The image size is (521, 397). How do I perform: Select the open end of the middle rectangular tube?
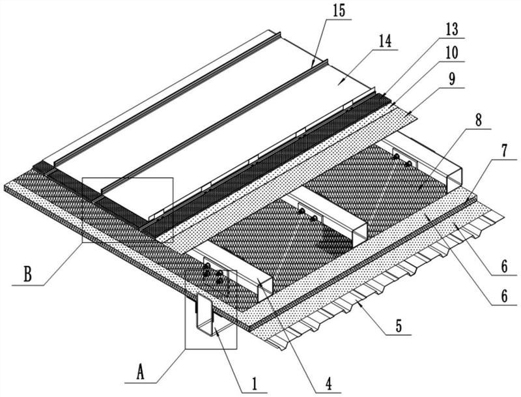tap(359, 231)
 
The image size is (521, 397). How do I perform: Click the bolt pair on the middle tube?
tap(307, 215)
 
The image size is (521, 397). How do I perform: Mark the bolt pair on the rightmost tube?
tap(401, 160)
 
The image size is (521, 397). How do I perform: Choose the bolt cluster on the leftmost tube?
tap(213, 273)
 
